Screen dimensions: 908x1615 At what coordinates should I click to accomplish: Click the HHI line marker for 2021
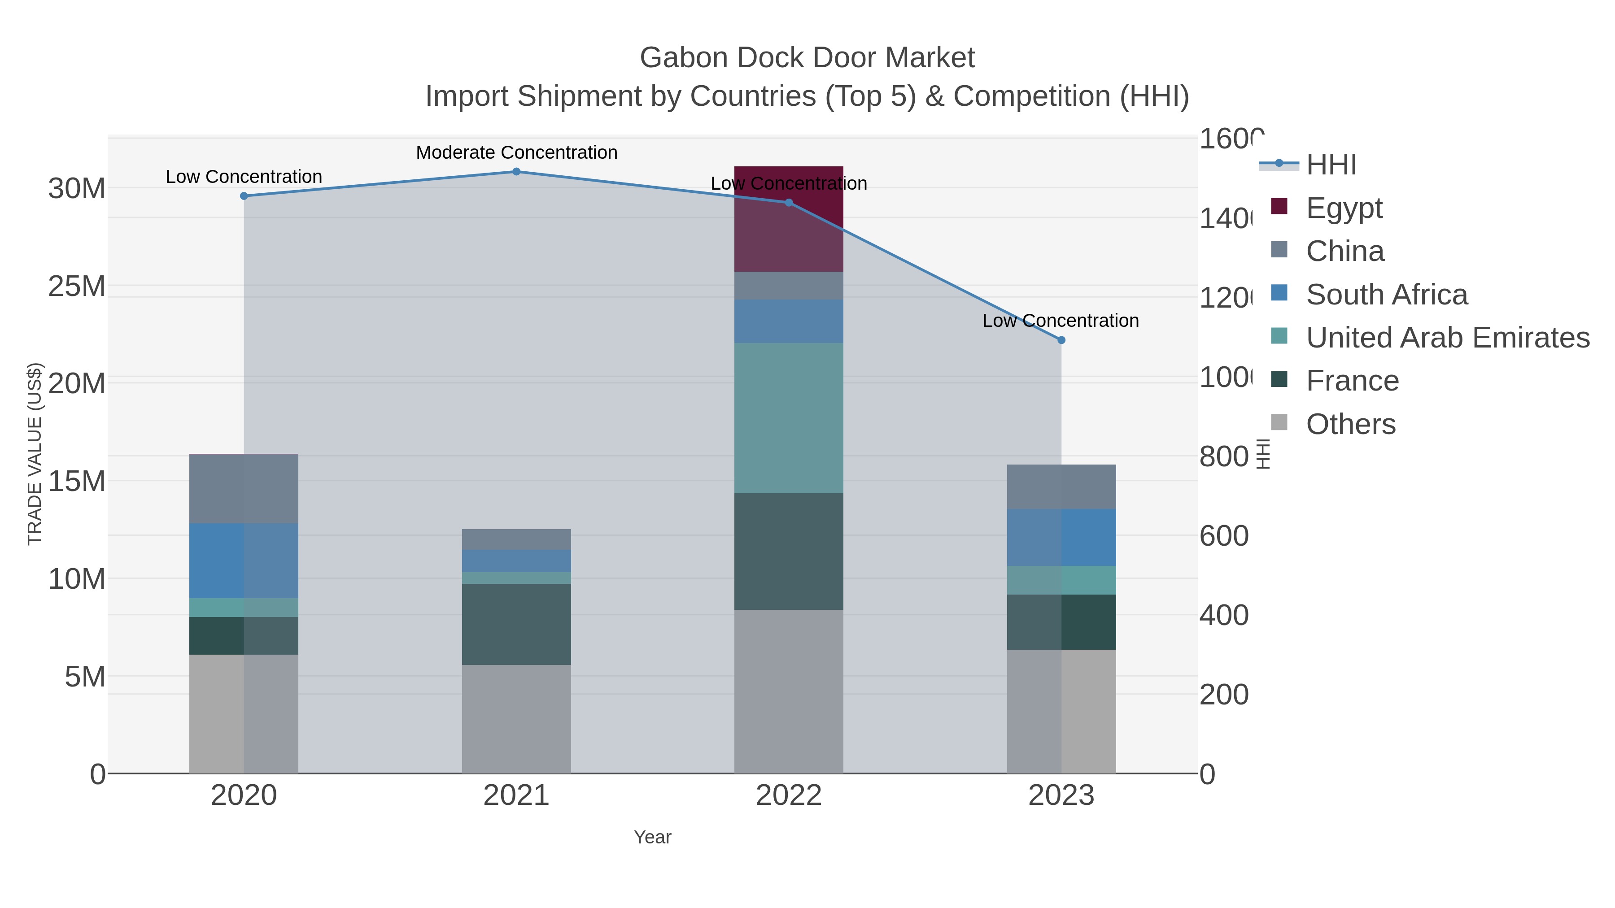click(516, 172)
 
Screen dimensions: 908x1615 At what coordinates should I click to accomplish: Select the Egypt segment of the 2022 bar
click(788, 219)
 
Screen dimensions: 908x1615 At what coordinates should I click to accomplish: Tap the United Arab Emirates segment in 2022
click(788, 418)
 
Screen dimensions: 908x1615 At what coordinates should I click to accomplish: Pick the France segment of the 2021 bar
click(516, 624)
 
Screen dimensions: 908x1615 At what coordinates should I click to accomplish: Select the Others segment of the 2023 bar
click(1061, 711)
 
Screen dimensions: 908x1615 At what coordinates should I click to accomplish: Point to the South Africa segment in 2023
click(1061, 538)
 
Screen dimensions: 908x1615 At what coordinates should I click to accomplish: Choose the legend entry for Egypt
click(1344, 208)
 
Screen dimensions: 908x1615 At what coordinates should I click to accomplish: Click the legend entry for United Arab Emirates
click(1447, 338)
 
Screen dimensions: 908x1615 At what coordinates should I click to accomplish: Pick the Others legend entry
click(1350, 424)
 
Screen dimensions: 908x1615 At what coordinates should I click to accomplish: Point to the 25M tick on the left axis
click(76, 287)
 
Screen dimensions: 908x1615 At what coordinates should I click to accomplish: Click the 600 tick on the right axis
click(1223, 536)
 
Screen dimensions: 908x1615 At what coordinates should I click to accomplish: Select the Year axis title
click(652, 837)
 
